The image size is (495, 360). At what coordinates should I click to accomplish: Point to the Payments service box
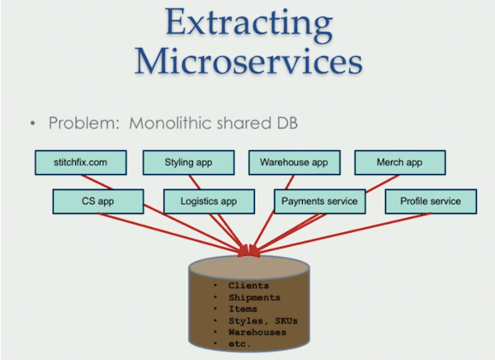tap(318, 201)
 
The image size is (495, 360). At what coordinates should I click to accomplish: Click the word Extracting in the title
tap(247, 26)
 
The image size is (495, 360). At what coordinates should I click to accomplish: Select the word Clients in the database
tap(248, 286)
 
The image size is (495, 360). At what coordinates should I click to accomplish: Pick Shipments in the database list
tap(255, 297)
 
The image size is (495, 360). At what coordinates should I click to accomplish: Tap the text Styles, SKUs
tap(262, 320)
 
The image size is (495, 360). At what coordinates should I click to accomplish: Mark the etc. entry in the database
tap(242, 342)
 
